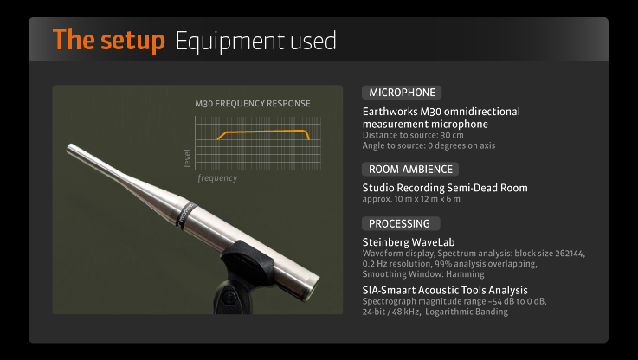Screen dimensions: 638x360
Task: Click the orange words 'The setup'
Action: (108, 41)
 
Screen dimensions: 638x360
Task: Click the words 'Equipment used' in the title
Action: (256, 42)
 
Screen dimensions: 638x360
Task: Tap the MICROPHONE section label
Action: (402, 93)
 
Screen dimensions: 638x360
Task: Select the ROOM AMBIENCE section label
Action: (410, 170)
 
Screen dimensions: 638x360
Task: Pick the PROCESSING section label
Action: (401, 224)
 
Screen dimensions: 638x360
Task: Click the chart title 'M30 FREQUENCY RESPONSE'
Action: (253, 104)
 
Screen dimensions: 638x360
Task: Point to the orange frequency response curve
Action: (264, 132)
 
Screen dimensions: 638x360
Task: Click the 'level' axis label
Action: (187, 157)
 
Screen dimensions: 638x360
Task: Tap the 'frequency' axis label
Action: (217, 178)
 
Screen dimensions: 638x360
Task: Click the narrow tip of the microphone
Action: (70, 147)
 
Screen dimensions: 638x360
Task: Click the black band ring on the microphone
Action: (185, 214)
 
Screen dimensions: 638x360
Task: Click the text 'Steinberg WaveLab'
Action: (409, 242)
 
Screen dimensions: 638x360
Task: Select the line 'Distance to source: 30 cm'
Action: (413, 135)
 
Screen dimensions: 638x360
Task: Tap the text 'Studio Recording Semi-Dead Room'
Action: (445, 188)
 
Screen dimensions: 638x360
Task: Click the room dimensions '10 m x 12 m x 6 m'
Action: (428, 199)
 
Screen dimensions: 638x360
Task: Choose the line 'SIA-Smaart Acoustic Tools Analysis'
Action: (445, 291)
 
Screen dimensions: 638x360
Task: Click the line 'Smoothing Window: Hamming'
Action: (423, 274)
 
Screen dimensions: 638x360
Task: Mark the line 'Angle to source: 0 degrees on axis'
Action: (429, 145)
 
